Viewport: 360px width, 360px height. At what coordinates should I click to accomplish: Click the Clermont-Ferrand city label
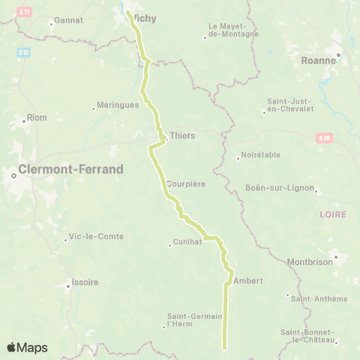(x=73, y=169)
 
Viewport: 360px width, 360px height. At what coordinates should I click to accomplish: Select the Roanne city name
(x=318, y=61)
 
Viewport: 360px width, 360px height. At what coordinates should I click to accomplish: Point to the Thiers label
(x=182, y=136)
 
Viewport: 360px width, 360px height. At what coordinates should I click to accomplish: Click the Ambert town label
(x=248, y=280)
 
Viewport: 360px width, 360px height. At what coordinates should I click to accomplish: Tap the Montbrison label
(x=310, y=262)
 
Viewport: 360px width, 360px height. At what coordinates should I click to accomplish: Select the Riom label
(x=36, y=118)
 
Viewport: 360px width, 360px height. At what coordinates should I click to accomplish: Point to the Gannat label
(x=69, y=21)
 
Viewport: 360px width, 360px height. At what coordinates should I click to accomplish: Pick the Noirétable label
(x=259, y=156)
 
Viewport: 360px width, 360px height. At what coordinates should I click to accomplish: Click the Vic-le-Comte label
(x=96, y=236)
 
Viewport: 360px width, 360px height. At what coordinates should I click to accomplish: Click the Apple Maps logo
(x=27, y=347)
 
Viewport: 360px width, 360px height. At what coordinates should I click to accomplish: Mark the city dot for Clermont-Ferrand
(x=14, y=176)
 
